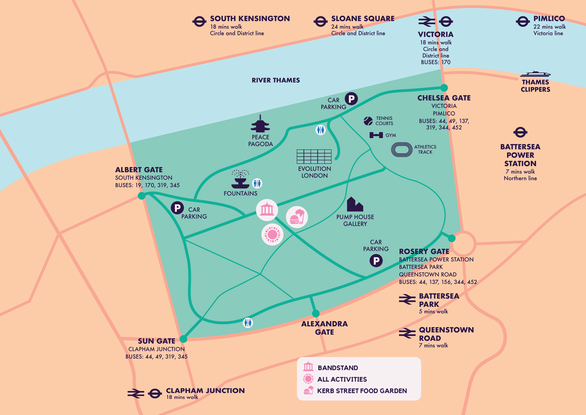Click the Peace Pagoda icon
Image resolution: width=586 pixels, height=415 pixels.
pyautogui.click(x=260, y=124)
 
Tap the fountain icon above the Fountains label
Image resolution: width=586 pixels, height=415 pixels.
pyautogui.click(x=240, y=180)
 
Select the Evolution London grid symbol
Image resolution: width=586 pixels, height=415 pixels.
pyautogui.click(x=314, y=156)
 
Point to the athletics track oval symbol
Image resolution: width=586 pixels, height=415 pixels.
pyautogui.click(x=402, y=150)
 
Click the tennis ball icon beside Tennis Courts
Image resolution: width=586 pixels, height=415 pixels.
pyautogui.click(x=368, y=121)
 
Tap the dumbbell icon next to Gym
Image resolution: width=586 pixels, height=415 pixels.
pyautogui.click(x=376, y=135)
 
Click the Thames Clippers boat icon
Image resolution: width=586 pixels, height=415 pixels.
pyautogui.click(x=535, y=74)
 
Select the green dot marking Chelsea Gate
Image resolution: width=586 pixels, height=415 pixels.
pyautogui.click(x=444, y=88)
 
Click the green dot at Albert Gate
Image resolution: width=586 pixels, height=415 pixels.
pyautogui.click(x=141, y=196)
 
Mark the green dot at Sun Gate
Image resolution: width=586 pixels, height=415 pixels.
pyautogui.click(x=183, y=339)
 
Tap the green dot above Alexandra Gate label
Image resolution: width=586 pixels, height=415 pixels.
pyautogui.click(x=316, y=313)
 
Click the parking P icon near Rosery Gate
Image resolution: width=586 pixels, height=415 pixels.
pyautogui.click(x=376, y=261)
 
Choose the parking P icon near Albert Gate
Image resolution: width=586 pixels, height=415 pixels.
pyautogui.click(x=177, y=208)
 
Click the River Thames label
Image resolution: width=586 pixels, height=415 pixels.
pyautogui.click(x=276, y=80)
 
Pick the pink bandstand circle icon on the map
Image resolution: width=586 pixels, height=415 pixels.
pyautogui.click(x=267, y=210)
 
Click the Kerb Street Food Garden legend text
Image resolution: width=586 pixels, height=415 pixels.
pyautogui.click(x=362, y=391)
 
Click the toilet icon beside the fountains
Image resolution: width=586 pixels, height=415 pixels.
pyautogui.click(x=257, y=183)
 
